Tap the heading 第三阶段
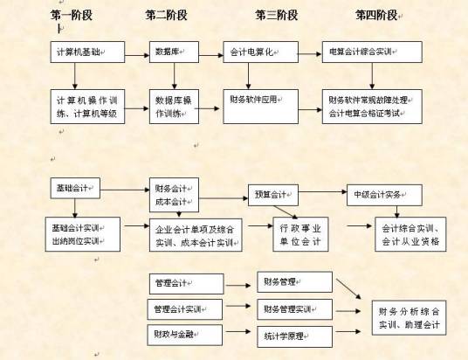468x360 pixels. [277, 15]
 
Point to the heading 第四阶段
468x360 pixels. [377, 15]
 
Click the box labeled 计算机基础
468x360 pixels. [85, 52]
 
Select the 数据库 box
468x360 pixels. [174, 52]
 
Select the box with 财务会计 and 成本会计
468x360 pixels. [174, 195]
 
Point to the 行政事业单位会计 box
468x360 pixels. [299, 233]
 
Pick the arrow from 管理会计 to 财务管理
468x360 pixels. [239, 283]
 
